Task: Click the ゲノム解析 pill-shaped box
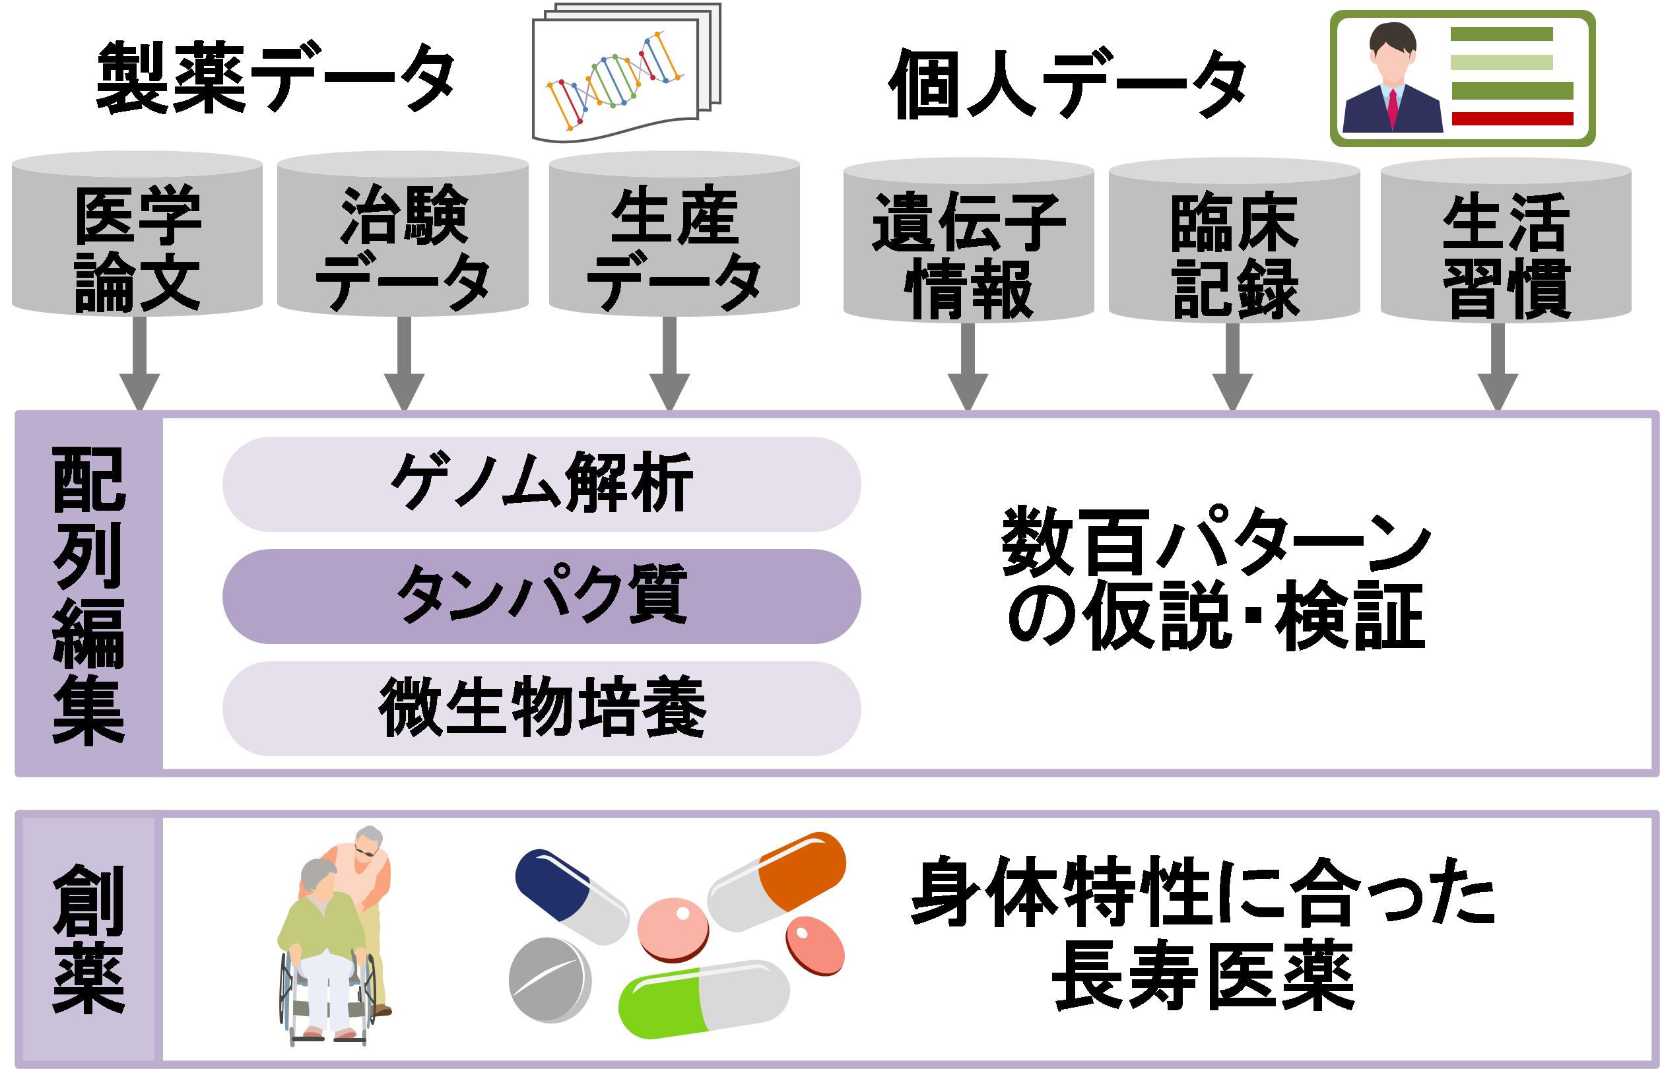pos(541,484)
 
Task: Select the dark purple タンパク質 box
pos(541,597)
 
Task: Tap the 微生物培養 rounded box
pos(541,708)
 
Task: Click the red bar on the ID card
pos(1512,119)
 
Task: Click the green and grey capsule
pos(704,999)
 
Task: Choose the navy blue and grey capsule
pos(571,895)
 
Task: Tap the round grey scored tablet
pos(550,979)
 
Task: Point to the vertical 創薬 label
pos(88,938)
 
